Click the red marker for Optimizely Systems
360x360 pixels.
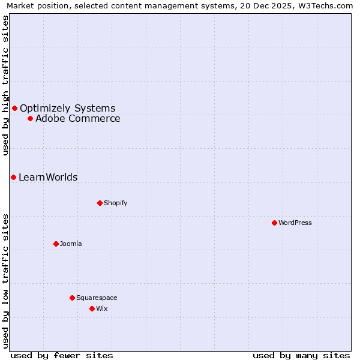(x=14, y=108)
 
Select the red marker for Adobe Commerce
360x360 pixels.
(x=30, y=118)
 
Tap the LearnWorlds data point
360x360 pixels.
(x=13, y=177)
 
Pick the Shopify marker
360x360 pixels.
(x=100, y=203)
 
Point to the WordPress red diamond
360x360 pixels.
(x=274, y=223)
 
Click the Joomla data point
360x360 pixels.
(x=56, y=244)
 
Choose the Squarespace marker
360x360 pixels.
(x=72, y=298)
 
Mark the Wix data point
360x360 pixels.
(x=92, y=308)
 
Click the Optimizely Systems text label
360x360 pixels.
(x=67, y=109)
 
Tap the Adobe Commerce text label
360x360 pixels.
(x=77, y=119)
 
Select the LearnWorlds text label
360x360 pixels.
(x=48, y=178)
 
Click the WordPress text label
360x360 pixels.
(x=295, y=223)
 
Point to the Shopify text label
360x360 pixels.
(x=115, y=203)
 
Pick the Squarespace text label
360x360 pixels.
(x=97, y=298)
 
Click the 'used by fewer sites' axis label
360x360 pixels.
(x=62, y=355)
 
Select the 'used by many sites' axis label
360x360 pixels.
(x=301, y=355)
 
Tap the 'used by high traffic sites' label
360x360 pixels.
(x=5, y=85)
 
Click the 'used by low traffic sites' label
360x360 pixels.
(x=5, y=280)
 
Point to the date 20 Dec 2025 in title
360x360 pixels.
(x=257, y=6)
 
